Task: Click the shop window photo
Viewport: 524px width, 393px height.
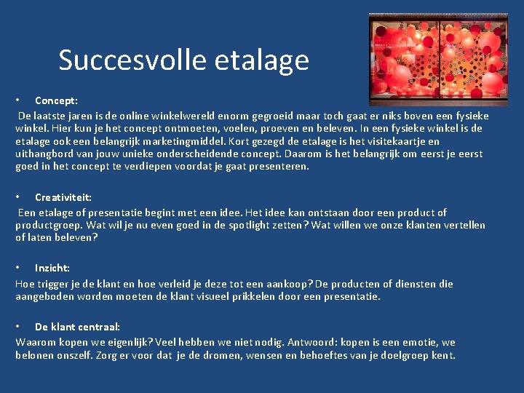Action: (438, 60)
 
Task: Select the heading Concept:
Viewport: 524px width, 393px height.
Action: (56, 101)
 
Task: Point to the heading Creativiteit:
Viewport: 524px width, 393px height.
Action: (63, 197)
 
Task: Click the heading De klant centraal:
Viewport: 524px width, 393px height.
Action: (77, 327)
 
